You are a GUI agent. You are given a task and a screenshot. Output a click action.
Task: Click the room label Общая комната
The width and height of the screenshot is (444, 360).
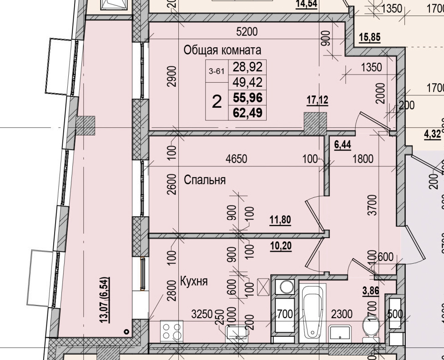point(222,50)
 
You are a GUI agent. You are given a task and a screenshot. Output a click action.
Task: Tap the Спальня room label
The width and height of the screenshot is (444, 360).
point(205,180)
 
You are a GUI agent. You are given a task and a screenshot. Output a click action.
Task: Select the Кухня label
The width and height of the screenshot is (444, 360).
point(194,281)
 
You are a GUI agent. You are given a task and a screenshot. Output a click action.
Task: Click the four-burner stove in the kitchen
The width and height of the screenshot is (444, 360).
point(172,330)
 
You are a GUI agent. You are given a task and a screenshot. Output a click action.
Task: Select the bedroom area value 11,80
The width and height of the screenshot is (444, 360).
point(280,220)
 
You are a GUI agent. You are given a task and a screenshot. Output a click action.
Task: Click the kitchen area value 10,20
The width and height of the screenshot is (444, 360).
point(280,246)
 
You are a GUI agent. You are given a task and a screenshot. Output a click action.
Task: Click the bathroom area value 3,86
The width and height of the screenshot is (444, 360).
point(370,291)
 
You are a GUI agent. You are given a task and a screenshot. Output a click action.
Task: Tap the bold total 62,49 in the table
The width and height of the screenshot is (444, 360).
point(248,112)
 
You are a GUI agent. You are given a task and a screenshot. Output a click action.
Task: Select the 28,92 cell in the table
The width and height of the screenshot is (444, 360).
point(248,67)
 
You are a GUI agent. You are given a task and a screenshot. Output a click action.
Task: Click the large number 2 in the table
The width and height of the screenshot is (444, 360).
point(217,101)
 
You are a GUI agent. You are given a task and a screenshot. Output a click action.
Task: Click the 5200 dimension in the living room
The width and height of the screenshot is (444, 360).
point(247,32)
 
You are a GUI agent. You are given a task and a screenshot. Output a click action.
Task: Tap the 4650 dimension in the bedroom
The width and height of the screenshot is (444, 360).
point(237,159)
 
